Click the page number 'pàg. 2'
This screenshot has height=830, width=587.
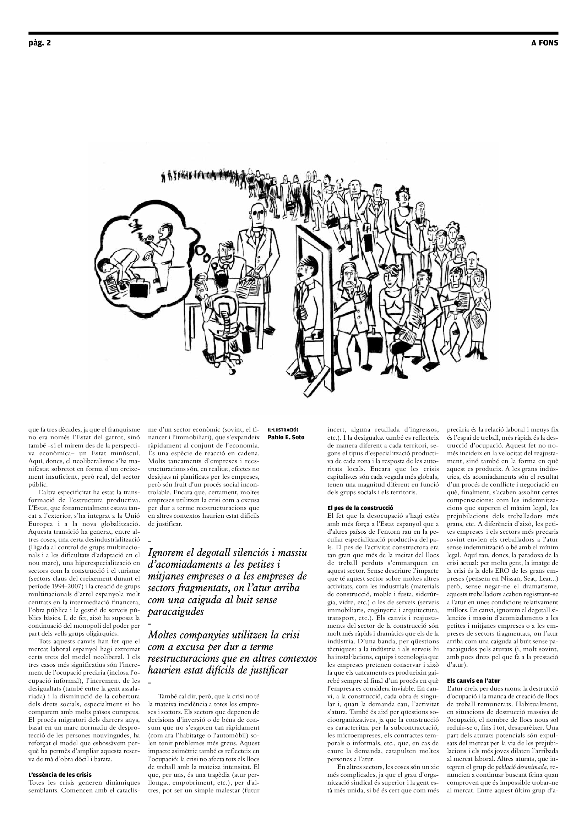point(39,43)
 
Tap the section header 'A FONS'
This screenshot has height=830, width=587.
point(544,43)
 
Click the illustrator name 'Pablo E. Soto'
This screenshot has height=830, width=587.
point(286,438)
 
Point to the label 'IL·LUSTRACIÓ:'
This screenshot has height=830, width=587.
point(282,430)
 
